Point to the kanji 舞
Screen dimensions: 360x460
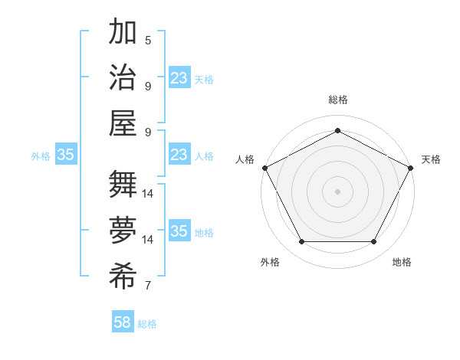(x=123, y=184)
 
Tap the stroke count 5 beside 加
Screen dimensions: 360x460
(x=147, y=40)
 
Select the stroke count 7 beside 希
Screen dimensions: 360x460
(x=147, y=286)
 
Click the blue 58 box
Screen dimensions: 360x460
(x=123, y=322)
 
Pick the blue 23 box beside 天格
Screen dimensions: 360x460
(x=179, y=77)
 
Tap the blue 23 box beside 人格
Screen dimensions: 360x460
(x=179, y=155)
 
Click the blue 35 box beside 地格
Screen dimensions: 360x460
(x=179, y=231)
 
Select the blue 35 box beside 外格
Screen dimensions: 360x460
(x=65, y=155)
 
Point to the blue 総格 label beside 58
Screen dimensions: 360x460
(x=147, y=324)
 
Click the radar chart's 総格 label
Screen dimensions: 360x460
(x=338, y=100)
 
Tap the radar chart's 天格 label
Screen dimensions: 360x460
(x=431, y=159)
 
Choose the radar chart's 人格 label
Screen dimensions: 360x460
(x=245, y=159)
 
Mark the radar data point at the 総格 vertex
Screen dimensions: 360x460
(x=337, y=130)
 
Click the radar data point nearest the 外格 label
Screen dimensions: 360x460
(x=301, y=242)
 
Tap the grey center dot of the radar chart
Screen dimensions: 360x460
(x=337, y=191)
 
